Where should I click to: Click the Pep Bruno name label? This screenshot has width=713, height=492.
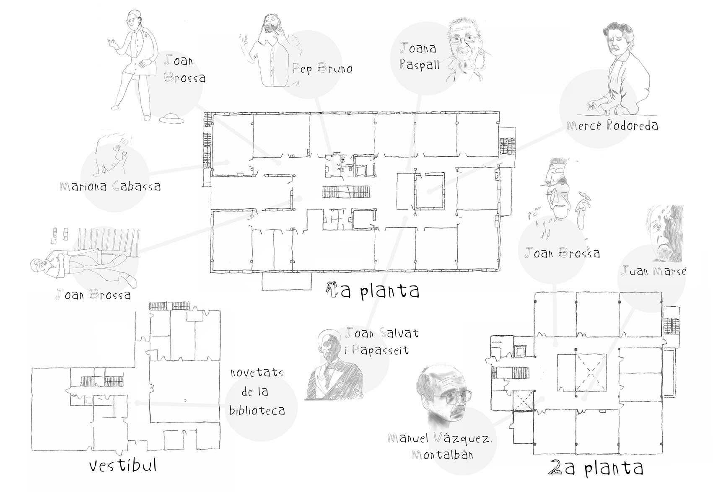click(x=322, y=69)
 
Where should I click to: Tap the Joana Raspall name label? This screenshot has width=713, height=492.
click(x=419, y=56)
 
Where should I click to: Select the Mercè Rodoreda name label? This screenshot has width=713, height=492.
click(x=612, y=125)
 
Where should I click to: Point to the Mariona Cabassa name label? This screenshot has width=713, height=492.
click(x=110, y=186)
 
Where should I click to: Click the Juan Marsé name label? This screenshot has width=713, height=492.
click(x=653, y=271)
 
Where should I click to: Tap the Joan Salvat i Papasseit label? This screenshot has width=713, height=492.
click(x=381, y=342)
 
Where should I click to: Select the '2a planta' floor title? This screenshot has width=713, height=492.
click(x=596, y=468)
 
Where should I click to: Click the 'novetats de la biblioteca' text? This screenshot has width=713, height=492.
click(x=257, y=392)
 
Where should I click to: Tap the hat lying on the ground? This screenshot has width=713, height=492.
click(x=171, y=119)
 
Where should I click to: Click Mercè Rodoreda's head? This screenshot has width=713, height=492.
click(x=617, y=40)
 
